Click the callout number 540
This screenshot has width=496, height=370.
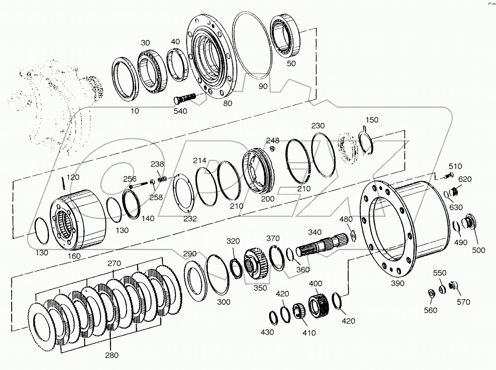coord(180,111)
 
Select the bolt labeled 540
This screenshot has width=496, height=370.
coord(186,99)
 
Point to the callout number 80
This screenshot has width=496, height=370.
coord(227,104)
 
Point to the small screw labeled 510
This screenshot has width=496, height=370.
coord(450,176)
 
